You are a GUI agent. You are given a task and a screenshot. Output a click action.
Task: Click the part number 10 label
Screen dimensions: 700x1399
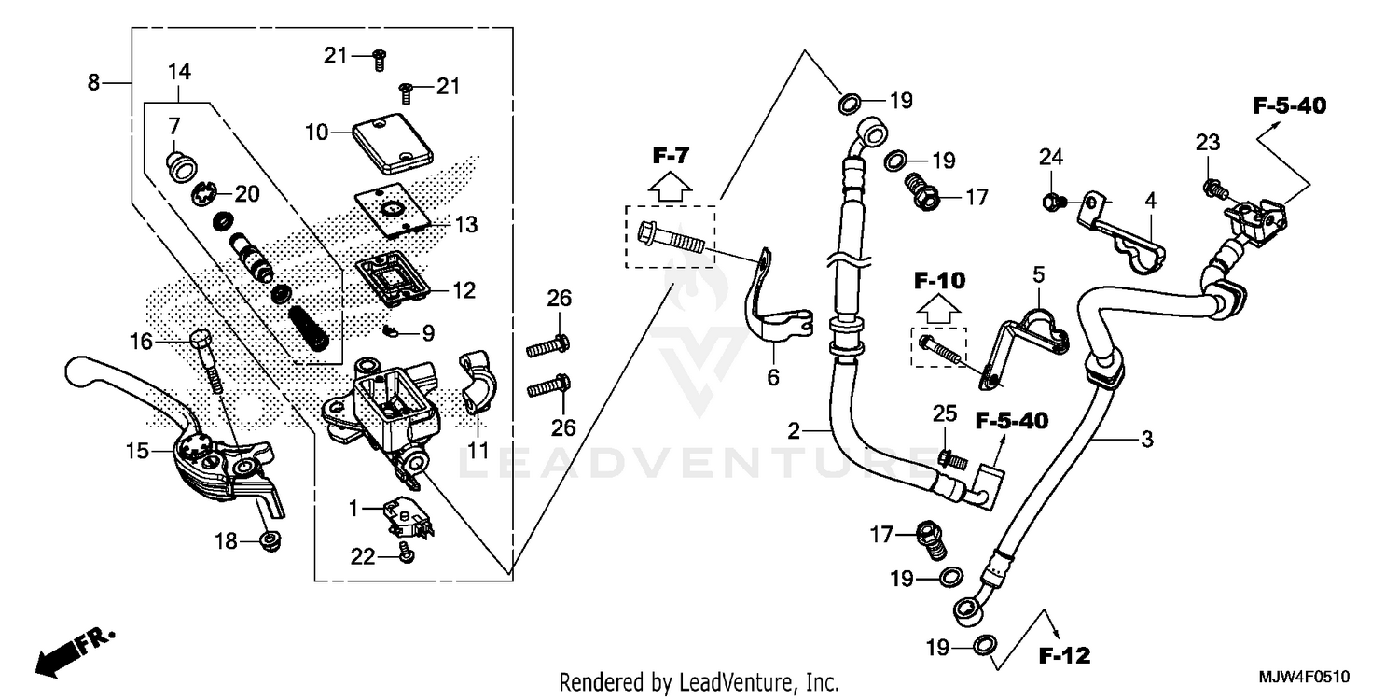(315, 133)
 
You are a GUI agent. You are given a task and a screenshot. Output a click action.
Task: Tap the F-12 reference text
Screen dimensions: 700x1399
(1064, 655)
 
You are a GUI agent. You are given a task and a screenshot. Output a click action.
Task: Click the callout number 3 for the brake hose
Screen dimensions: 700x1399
(1147, 438)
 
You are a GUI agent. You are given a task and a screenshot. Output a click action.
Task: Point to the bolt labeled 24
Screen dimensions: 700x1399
(1050, 200)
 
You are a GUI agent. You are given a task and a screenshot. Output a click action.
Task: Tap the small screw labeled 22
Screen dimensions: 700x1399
(405, 553)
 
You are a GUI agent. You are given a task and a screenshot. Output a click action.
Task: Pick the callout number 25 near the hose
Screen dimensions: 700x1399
(944, 413)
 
